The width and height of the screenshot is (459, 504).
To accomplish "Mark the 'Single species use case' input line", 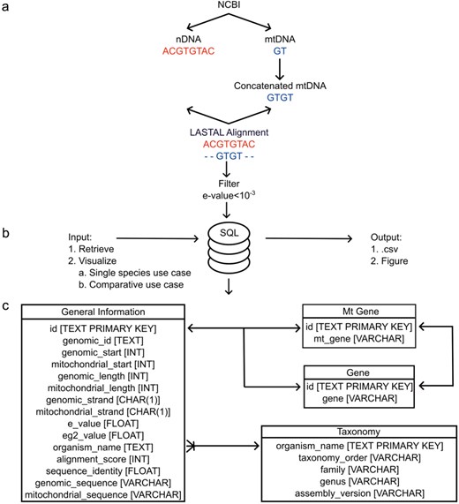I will point(142,275).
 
